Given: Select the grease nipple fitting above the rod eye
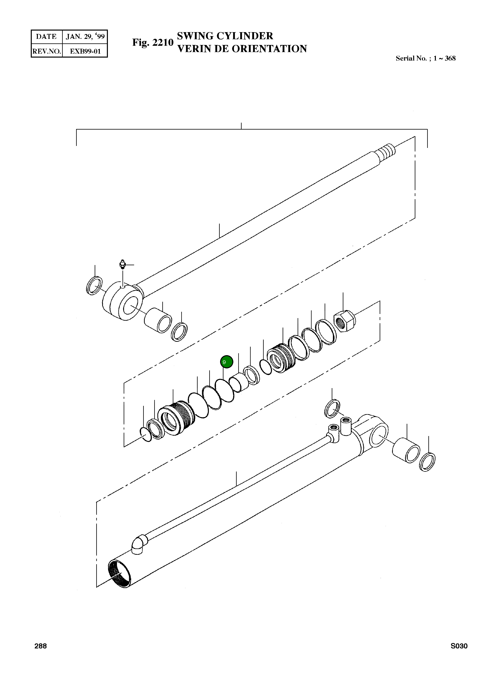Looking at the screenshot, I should pyautogui.click(x=122, y=264).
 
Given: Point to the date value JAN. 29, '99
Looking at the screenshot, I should pyautogui.click(x=85, y=37).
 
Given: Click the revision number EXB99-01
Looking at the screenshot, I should pyautogui.click(x=85, y=51).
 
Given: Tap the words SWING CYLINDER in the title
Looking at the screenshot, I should pyautogui.click(x=225, y=36).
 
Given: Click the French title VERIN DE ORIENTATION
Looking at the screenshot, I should pyautogui.click(x=242, y=49).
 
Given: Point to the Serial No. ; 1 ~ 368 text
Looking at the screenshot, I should pyautogui.click(x=425, y=58).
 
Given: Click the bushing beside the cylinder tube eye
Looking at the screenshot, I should pyautogui.click(x=406, y=450).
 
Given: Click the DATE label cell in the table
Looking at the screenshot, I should pyautogui.click(x=46, y=37).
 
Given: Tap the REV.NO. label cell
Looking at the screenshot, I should pyautogui.click(x=47, y=51).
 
